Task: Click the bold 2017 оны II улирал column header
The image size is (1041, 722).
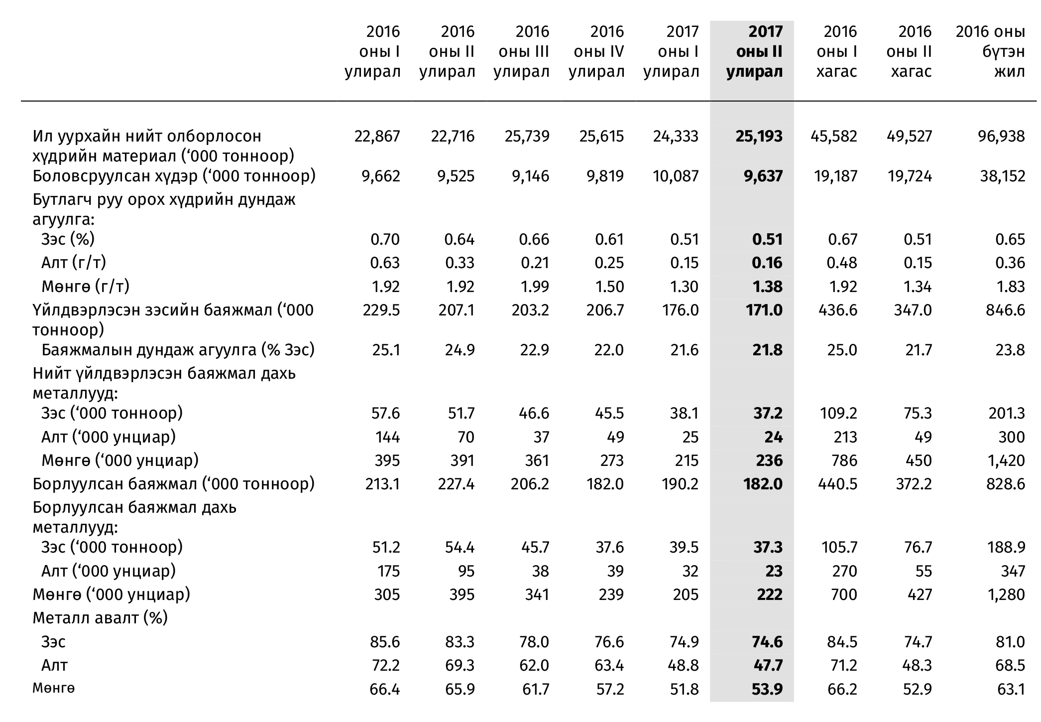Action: click(754, 52)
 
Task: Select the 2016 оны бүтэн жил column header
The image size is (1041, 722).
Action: click(990, 52)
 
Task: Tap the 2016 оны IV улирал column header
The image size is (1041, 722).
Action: click(596, 52)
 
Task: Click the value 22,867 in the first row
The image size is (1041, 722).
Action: click(377, 136)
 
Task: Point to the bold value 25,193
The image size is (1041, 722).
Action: click(759, 136)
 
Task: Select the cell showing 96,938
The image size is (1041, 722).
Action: click(1002, 136)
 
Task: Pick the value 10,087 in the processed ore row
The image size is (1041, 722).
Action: click(676, 176)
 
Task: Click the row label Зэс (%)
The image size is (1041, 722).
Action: click(68, 239)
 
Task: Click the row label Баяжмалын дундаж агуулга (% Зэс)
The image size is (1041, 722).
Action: click(178, 350)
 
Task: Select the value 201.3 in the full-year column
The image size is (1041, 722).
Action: click(1007, 413)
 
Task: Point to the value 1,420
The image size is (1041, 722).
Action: click(1007, 460)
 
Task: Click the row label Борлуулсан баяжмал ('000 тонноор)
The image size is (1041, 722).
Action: click(174, 484)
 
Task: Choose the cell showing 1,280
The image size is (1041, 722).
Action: click(1007, 594)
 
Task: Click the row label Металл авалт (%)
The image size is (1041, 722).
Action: click(100, 618)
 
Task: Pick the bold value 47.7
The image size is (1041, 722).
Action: click(767, 665)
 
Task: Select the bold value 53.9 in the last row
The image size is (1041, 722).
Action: click(767, 689)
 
